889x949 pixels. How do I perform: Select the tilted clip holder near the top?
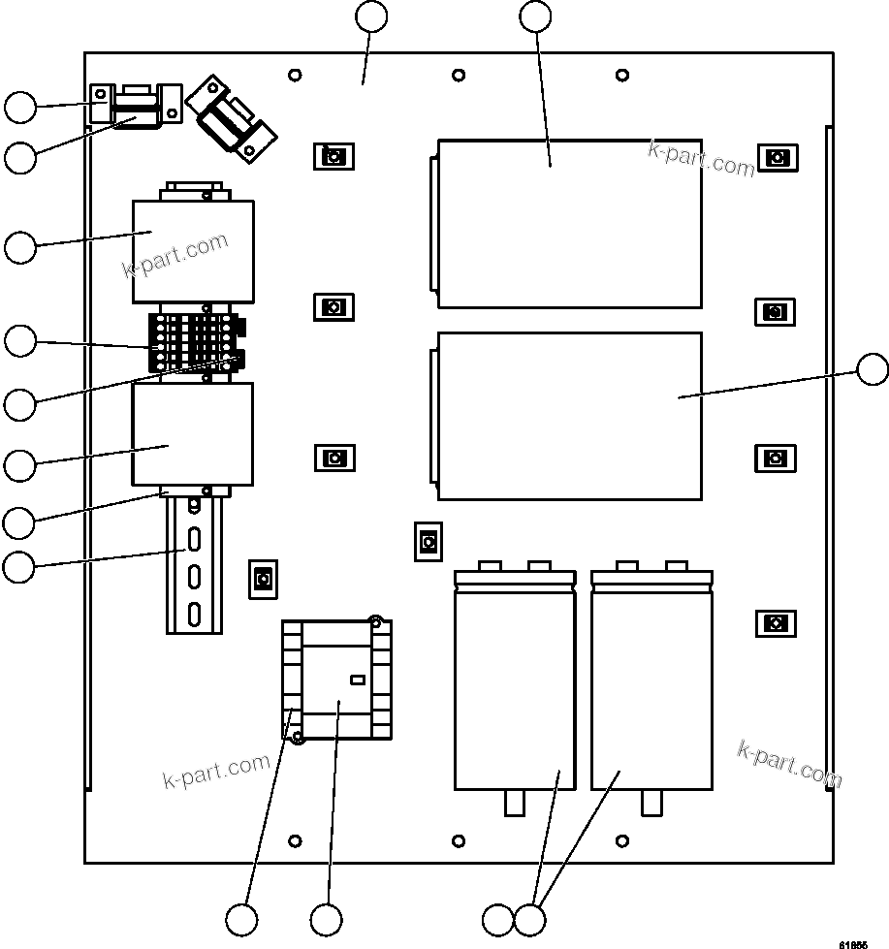pyautogui.click(x=232, y=119)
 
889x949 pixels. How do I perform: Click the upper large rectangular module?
pyautogui.click(x=570, y=223)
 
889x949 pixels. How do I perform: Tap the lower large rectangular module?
pyautogui.click(x=570, y=416)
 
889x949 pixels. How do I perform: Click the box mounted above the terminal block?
pyautogui.click(x=192, y=251)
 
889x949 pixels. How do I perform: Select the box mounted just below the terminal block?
pyautogui.click(x=192, y=433)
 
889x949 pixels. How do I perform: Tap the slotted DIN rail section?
pyautogui.click(x=194, y=567)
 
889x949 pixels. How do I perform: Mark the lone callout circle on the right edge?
pyautogui.click(x=873, y=370)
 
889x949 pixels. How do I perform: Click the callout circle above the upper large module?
pyautogui.click(x=535, y=16)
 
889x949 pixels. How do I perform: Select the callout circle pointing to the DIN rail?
pyautogui.click(x=18, y=566)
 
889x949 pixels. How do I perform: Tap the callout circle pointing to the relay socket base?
pyautogui.click(x=242, y=918)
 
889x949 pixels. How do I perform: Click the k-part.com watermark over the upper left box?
pyautogui.click(x=176, y=255)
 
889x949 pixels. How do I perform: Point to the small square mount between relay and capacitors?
pyautogui.click(x=428, y=541)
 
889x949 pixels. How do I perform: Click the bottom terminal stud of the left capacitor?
pyautogui.click(x=515, y=804)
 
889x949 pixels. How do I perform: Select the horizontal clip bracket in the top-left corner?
pyautogui.click(x=136, y=105)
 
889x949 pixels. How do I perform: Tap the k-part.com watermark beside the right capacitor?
pyautogui.click(x=789, y=764)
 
